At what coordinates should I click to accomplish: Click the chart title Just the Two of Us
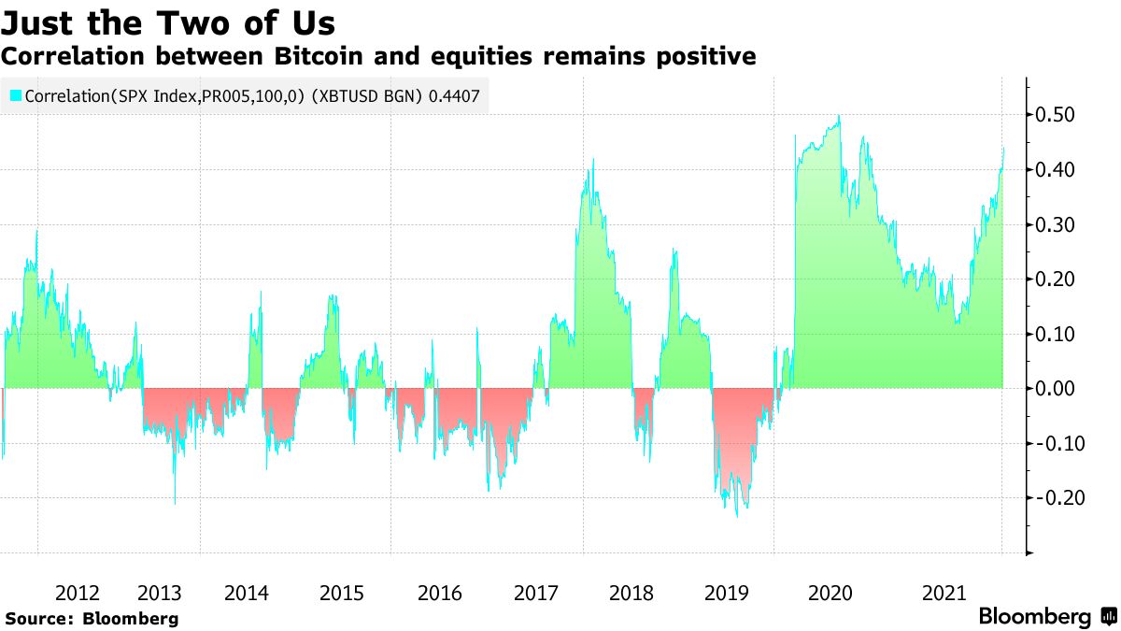pyautogui.click(x=168, y=22)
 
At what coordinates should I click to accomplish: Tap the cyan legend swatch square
pyautogui.click(x=15, y=95)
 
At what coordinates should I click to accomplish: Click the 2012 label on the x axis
pyautogui.click(x=77, y=593)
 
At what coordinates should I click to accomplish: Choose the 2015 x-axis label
pyautogui.click(x=341, y=593)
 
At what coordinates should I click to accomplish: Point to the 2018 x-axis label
pyautogui.click(x=631, y=593)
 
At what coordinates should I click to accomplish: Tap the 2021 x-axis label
pyautogui.click(x=943, y=593)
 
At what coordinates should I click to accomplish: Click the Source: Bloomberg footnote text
pyautogui.click(x=92, y=618)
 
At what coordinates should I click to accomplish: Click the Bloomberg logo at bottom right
pyautogui.click(x=1046, y=617)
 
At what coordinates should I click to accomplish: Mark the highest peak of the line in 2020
pyautogui.click(x=839, y=116)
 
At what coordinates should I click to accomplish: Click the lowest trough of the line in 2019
pyautogui.click(x=737, y=516)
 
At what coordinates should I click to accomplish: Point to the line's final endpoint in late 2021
pyautogui.click(x=1003, y=148)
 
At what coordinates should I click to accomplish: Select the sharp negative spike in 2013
pyautogui.click(x=175, y=504)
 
